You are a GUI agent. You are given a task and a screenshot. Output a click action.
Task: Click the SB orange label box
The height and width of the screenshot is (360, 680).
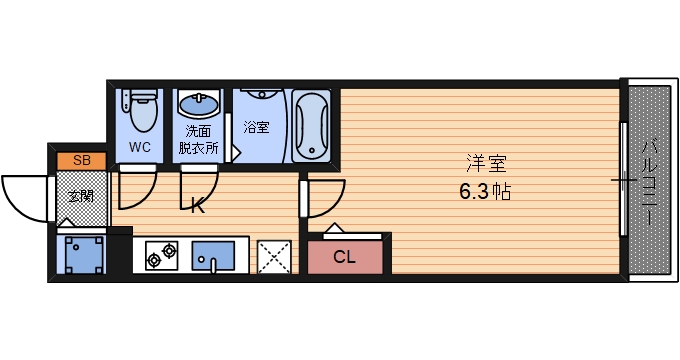tap(81, 161)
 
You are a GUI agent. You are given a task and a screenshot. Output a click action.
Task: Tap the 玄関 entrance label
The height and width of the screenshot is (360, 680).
tap(81, 196)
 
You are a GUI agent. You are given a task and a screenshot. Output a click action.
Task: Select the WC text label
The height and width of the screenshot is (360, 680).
tap(140, 147)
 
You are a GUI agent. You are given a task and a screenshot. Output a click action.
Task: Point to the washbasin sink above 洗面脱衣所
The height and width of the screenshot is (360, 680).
tap(200, 104)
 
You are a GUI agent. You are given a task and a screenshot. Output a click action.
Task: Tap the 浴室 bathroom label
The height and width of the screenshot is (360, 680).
tap(256, 127)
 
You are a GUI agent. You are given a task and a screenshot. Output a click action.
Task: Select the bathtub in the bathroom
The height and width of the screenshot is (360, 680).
tap(311, 125)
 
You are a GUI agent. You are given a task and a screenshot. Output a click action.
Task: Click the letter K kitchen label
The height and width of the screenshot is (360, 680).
tap(198, 207)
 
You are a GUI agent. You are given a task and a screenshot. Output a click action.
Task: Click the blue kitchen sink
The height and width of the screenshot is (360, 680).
tap(211, 256)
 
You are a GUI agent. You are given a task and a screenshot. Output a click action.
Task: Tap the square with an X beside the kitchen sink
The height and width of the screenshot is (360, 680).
tap(273, 256)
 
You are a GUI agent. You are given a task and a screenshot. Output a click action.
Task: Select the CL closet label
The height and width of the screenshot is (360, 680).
tap(344, 257)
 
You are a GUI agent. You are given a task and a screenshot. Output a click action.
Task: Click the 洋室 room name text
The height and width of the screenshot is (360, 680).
tap(479, 163)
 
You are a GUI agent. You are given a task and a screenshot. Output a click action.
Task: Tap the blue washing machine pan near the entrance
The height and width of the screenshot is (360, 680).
tap(82, 254)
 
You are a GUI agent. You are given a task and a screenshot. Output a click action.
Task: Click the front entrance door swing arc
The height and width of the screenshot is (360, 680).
tap(25, 196)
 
